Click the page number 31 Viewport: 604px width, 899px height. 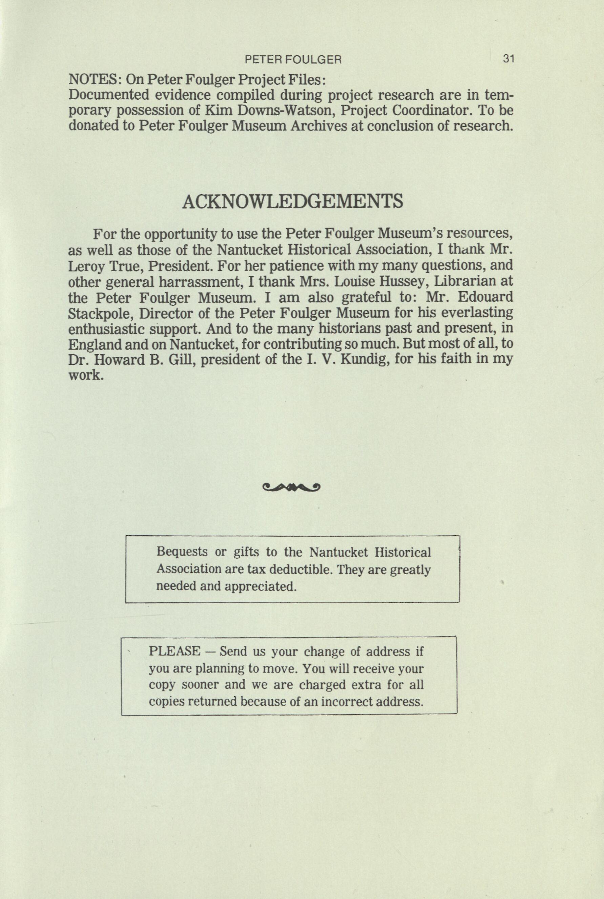[x=508, y=59]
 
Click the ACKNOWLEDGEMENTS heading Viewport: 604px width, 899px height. [x=293, y=201]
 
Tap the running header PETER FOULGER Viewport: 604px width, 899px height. [x=293, y=59]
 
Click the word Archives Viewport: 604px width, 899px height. [x=319, y=126]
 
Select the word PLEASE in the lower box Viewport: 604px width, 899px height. [x=174, y=652]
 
